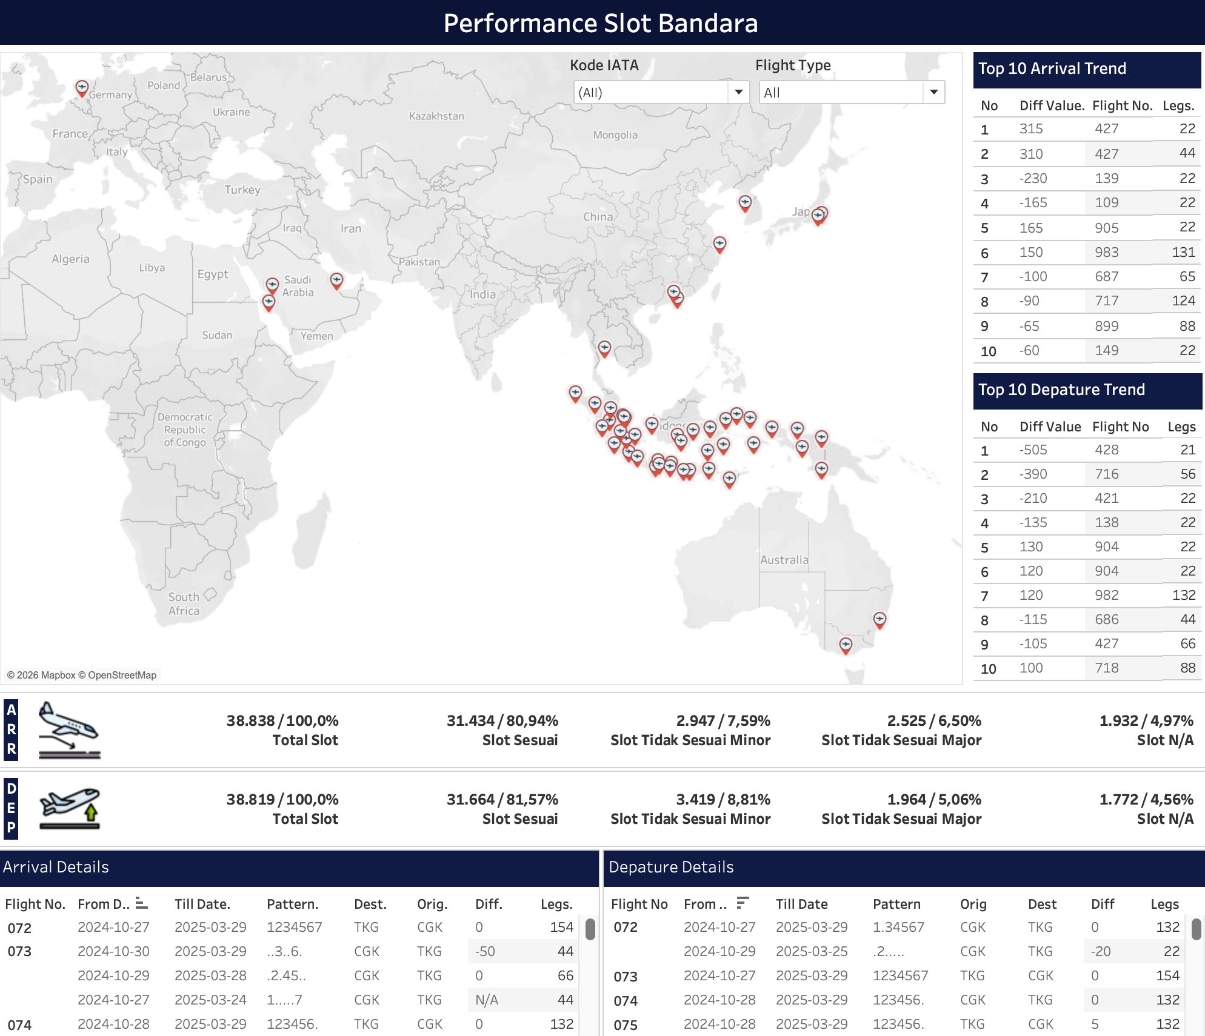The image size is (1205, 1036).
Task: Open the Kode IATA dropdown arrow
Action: point(738,92)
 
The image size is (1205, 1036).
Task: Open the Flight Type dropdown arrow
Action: point(933,92)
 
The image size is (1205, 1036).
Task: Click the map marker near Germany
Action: point(82,87)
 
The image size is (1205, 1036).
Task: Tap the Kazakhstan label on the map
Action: point(436,116)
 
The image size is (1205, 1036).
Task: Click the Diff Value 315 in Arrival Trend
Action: point(1030,128)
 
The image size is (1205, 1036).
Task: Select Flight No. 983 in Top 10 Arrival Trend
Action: point(1106,252)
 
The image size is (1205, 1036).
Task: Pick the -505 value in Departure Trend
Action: point(1033,450)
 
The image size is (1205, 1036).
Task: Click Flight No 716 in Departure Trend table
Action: point(1106,474)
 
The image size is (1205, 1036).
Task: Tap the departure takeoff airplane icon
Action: point(69,808)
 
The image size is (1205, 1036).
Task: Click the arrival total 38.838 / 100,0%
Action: point(282,720)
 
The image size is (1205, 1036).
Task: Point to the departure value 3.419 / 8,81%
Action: point(723,799)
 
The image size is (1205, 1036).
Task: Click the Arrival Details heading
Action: point(56,866)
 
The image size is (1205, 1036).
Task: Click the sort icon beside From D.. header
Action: point(141,903)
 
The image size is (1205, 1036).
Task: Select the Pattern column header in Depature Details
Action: point(896,904)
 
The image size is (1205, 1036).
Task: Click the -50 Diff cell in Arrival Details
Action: point(485,951)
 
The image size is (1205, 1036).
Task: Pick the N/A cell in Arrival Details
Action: point(486,1000)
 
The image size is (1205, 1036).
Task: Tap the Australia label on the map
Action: point(784,560)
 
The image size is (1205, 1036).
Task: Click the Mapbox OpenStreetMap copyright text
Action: point(82,675)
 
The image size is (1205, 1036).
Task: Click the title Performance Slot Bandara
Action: point(600,23)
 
